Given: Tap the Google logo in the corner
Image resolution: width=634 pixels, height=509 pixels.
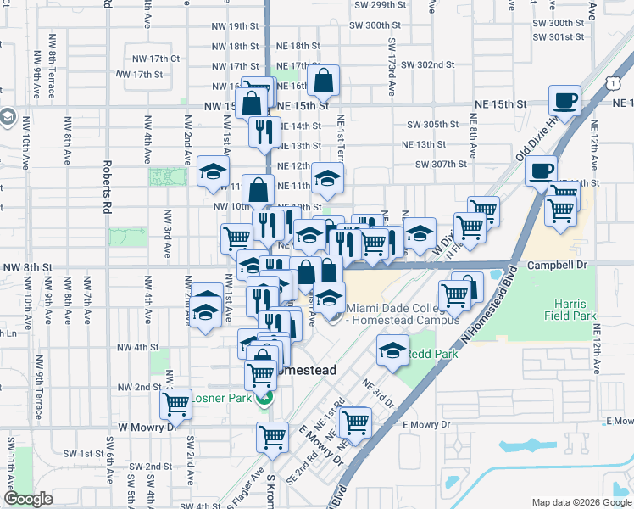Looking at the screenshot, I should point(28,499).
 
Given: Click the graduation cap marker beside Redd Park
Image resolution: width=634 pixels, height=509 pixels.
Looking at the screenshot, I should point(392,351).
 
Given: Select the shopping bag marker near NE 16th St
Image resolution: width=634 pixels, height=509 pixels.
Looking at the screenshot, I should point(324,82).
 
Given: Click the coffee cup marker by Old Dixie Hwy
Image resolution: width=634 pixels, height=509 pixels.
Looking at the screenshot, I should point(540,171).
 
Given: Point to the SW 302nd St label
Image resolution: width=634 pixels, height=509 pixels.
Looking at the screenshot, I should point(428,64).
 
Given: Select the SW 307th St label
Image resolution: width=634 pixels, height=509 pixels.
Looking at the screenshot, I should point(430,165).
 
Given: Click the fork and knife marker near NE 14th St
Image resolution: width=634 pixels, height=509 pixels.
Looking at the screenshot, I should point(264,130).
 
